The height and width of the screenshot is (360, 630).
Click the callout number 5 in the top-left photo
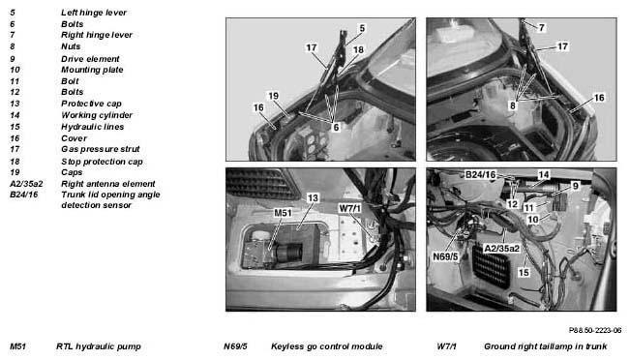(362, 28)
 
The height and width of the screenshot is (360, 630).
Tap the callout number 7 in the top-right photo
(542, 27)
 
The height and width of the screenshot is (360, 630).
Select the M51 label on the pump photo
(283, 213)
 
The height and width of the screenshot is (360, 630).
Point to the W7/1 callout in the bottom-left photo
(349, 208)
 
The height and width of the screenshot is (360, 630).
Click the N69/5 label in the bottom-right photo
(445, 256)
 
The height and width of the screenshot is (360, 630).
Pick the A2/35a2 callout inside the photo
(502, 249)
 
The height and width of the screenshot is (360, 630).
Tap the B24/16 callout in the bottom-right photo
(481, 175)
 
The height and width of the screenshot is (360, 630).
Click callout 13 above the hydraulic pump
(313, 197)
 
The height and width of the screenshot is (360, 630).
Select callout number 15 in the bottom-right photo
(524, 272)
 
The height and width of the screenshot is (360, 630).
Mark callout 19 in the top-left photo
(273, 96)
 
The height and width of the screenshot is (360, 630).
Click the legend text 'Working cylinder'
(97, 115)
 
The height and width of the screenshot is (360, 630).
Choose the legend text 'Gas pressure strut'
(100, 149)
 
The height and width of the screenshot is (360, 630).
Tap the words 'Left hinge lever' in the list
(94, 13)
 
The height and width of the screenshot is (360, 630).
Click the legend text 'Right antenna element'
(107, 184)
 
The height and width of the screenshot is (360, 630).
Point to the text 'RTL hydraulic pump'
(99, 346)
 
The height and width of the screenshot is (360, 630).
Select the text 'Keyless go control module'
(327, 346)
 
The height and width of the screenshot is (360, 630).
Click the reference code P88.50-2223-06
(595, 330)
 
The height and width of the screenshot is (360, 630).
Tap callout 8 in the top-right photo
(513, 105)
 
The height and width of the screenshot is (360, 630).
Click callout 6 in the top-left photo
(336, 127)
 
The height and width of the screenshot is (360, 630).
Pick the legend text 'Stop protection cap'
(102, 162)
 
